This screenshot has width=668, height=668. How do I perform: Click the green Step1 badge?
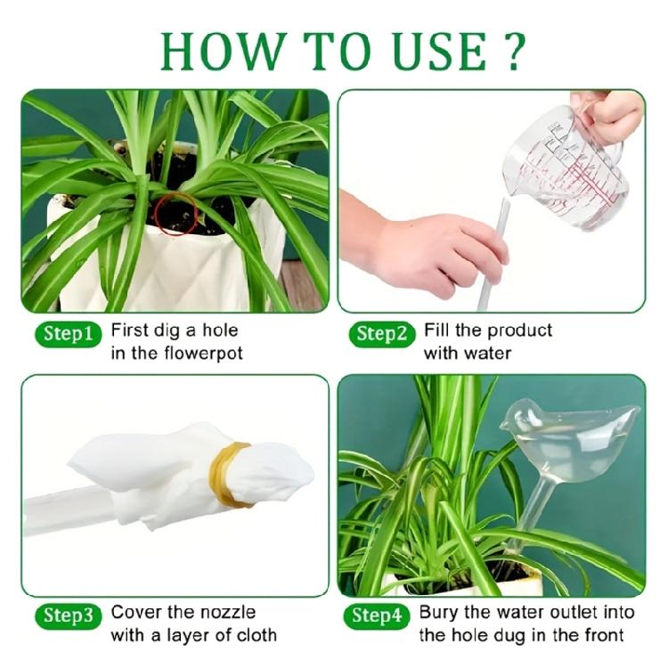[x=68, y=334]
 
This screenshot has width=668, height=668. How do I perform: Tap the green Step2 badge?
[x=381, y=334]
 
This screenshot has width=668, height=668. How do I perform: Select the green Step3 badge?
[x=68, y=615]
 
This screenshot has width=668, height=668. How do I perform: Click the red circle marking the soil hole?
[x=175, y=214]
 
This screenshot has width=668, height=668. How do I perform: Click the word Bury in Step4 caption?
[x=442, y=613]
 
